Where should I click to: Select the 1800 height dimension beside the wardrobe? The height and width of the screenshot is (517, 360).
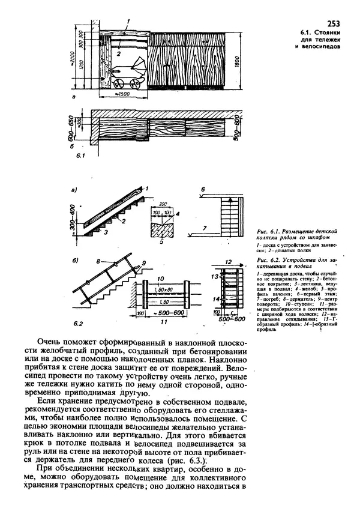[241, 59]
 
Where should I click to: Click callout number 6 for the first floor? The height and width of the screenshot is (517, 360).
[203, 190]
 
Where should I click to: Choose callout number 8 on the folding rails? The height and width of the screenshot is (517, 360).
[97, 262]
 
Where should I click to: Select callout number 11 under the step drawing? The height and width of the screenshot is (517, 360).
[163, 323]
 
